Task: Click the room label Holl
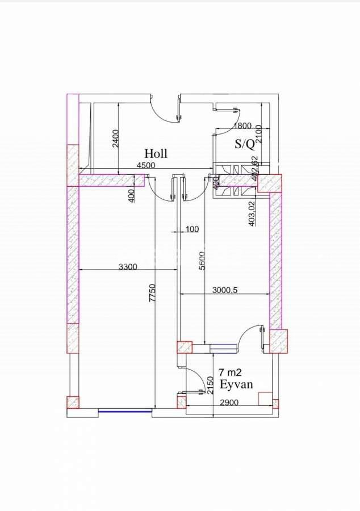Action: click(x=156, y=153)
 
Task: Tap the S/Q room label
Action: click(x=245, y=144)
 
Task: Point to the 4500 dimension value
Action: click(x=147, y=166)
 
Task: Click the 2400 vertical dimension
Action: click(x=115, y=139)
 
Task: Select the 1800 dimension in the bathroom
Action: click(x=242, y=126)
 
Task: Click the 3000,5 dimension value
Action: click(x=224, y=290)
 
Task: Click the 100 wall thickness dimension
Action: click(x=192, y=229)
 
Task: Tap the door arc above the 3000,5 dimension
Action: click(x=250, y=337)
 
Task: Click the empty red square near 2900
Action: click(x=264, y=399)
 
